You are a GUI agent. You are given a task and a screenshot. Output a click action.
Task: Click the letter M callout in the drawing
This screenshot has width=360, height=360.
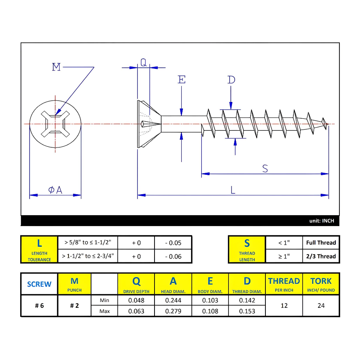56,67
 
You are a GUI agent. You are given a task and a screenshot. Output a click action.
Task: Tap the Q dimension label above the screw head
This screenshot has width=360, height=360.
144,62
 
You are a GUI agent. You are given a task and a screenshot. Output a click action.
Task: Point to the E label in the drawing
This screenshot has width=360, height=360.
182,80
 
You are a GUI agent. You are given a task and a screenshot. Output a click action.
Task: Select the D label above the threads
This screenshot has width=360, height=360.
231,80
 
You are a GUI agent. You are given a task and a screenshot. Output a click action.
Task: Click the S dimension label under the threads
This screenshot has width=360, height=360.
265,169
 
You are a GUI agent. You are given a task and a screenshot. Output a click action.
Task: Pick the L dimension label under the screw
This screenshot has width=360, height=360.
233,190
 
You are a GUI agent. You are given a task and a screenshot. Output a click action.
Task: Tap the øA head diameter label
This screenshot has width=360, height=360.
55,190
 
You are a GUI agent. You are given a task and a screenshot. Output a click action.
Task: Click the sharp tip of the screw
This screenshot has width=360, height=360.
328,124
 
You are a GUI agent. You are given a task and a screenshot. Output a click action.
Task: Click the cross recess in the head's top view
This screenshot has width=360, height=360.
55,124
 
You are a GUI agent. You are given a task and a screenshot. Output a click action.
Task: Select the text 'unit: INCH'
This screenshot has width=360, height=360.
321,221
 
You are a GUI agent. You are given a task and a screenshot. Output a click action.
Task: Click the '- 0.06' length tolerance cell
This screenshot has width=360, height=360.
173,256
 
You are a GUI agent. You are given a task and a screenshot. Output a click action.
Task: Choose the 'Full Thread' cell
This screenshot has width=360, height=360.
321,242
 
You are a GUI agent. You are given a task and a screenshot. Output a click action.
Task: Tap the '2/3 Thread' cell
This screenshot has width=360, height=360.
321,256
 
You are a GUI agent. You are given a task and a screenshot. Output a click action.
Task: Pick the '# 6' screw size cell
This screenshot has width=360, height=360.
39,306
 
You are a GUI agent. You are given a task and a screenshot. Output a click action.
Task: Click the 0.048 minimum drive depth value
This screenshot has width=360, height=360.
136,300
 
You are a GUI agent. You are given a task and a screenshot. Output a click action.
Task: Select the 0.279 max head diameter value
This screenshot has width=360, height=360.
173,311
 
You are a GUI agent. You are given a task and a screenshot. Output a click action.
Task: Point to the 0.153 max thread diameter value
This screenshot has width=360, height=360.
247,311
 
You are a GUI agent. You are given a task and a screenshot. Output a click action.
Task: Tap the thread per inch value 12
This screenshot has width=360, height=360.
284,306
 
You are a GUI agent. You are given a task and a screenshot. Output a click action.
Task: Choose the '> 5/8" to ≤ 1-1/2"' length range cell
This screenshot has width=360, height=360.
88,242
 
